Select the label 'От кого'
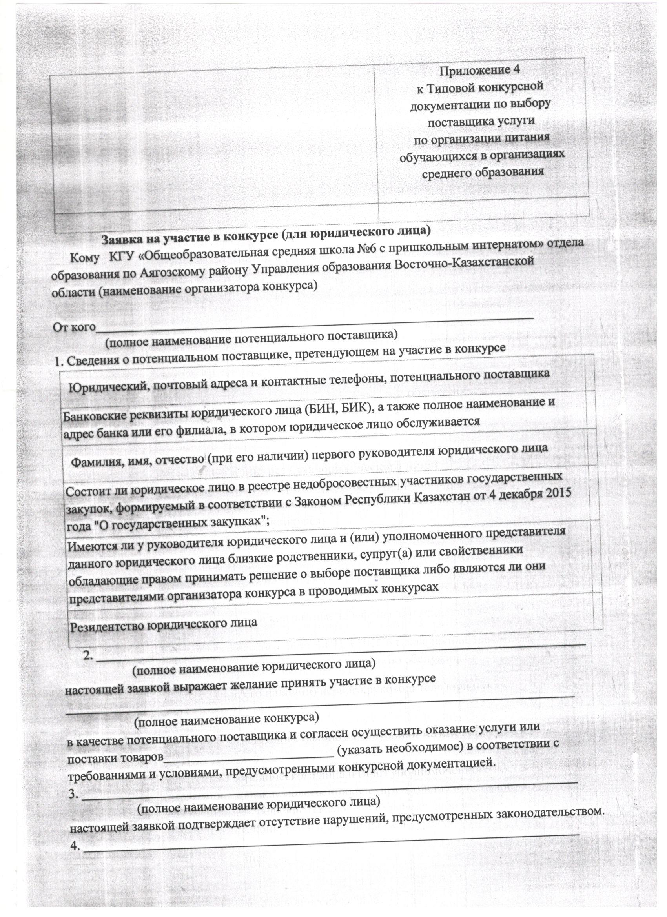tap(74, 326)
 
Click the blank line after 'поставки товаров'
tap(249, 755)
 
